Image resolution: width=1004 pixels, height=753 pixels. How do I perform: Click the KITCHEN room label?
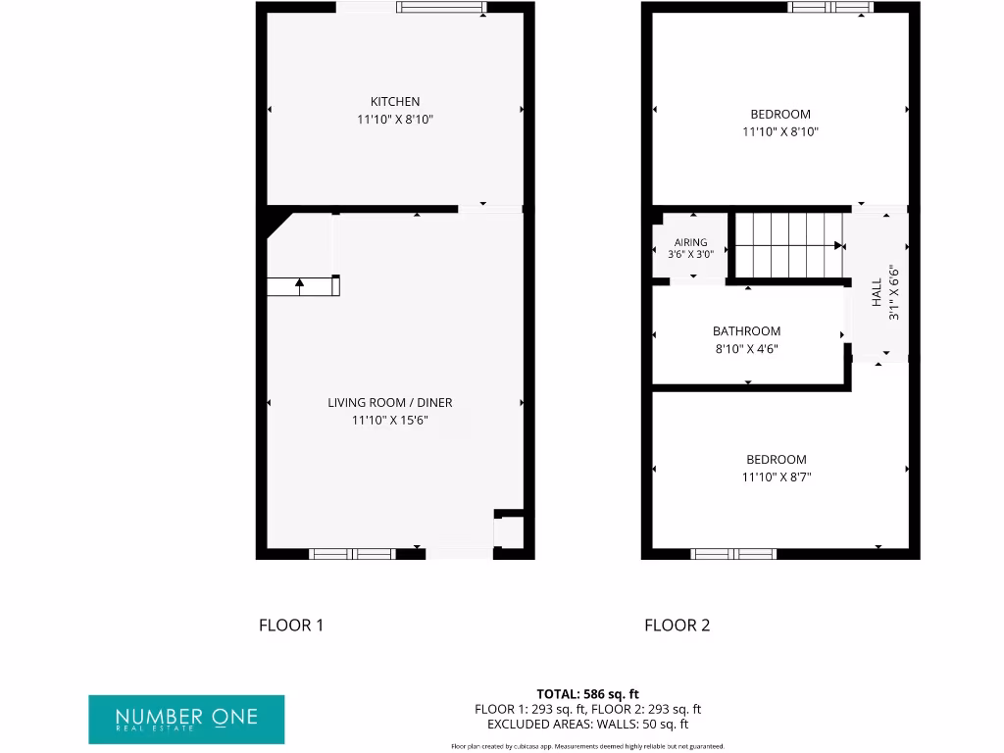pyautogui.click(x=395, y=102)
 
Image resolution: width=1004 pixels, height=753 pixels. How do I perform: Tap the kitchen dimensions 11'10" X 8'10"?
pyautogui.click(x=395, y=120)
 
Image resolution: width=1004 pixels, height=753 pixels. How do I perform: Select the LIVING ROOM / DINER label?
pyautogui.click(x=390, y=403)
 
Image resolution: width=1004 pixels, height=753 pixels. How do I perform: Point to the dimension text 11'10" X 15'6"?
pyautogui.click(x=390, y=421)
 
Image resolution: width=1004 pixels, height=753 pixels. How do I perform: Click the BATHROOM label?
pyautogui.click(x=747, y=331)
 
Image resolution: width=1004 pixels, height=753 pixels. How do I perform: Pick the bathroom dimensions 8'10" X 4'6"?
pyautogui.click(x=747, y=349)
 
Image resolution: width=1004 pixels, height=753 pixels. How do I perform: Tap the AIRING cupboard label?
pyautogui.click(x=691, y=242)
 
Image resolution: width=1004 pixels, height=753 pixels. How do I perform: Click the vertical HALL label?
pyautogui.click(x=877, y=292)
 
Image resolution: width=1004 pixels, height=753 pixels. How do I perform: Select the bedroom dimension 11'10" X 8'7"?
pyautogui.click(x=777, y=477)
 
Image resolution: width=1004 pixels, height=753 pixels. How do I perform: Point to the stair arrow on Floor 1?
pyautogui.click(x=300, y=285)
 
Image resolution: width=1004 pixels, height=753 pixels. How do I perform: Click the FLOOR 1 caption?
pyautogui.click(x=291, y=626)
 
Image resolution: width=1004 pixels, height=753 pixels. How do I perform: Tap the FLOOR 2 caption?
pyautogui.click(x=677, y=626)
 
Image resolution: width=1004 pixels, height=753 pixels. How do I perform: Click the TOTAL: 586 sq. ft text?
pyautogui.click(x=588, y=694)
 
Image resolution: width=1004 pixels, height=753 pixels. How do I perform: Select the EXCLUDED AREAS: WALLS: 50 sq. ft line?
pyautogui.click(x=588, y=725)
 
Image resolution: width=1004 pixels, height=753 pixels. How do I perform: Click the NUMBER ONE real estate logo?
pyautogui.click(x=186, y=719)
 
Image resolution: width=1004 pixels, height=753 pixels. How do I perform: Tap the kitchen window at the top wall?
pyautogui.click(x=440, y=8)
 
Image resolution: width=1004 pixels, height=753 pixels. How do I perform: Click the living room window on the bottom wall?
pyautogui.click(x=352, y=554)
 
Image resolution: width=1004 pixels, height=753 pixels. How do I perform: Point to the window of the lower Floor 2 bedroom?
pyautogui.click(x=733, y=554)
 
